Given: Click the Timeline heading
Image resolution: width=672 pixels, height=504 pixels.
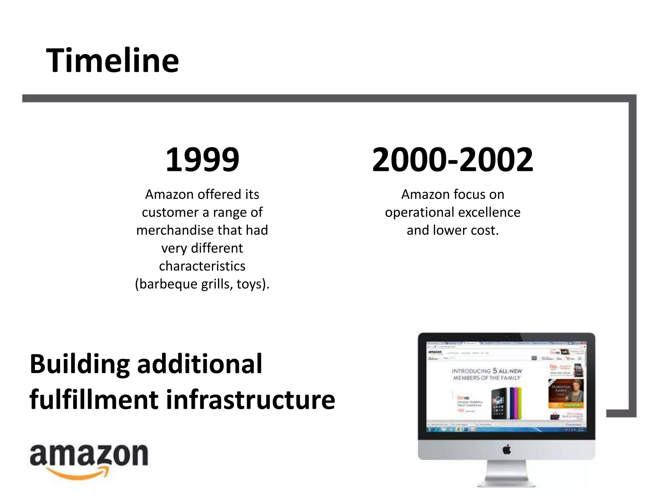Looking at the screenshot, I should [x=113, y=61].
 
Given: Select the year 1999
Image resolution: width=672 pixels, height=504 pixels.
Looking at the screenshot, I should [x=202, y=160].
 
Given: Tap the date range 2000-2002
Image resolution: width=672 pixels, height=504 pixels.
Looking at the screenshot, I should [x=452, y=160].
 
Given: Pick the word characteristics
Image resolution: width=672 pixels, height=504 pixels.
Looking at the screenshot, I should [x=202, y=266].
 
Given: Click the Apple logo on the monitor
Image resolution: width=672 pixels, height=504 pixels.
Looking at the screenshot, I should [x=507, y=450].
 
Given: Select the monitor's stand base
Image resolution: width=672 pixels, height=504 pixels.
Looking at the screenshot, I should [x=507, y=483].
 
